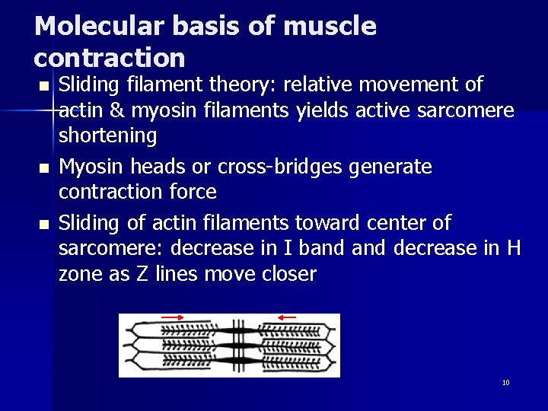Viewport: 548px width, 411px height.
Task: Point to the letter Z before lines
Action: point(142,274)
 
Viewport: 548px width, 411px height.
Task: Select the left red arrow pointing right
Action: point(173,317)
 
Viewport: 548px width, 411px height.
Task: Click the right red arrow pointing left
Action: point(287,317)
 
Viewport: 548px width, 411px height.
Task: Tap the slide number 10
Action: point(505,382)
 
